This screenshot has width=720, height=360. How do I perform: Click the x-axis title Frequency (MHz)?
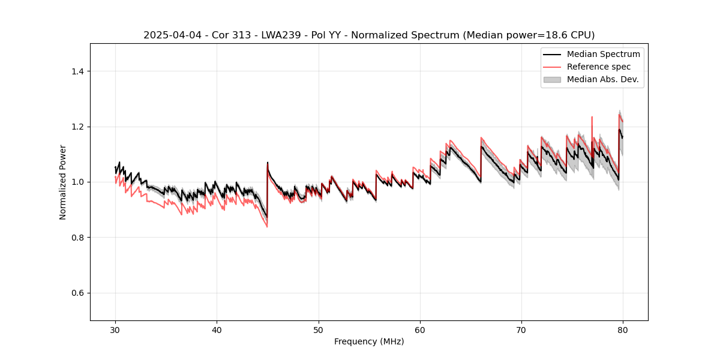369,341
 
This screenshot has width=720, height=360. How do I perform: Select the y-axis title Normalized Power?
63,182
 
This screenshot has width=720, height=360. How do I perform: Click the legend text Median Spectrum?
603,54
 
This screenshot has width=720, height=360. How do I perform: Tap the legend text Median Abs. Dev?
602,79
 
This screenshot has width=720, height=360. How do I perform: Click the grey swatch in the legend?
552,79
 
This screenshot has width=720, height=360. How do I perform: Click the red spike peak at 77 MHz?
592,117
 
